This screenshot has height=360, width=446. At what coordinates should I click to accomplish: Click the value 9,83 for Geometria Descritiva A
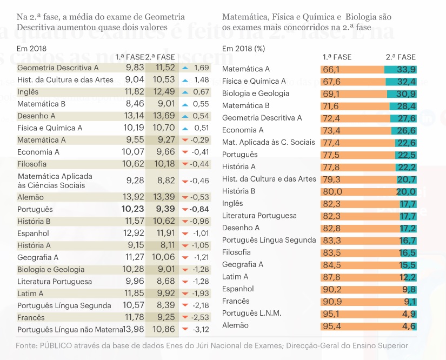(x=135, y=68)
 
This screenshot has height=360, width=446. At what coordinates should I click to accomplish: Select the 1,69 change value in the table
(x=201, y=68)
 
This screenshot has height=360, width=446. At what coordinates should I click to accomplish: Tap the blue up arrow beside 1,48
(x=185, y=80)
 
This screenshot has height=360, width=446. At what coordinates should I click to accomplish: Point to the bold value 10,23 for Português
(x=133, y=209)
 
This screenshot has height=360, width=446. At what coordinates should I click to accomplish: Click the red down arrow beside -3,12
(x=185, y=329)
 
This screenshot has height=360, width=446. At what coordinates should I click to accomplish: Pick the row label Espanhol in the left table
(x=33, y=234)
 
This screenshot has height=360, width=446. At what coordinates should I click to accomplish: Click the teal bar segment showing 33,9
(x=400, y=69)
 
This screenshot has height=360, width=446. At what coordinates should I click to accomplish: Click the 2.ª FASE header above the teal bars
(x=401, y=57)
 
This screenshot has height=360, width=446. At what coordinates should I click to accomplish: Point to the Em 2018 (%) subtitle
(x=243, y=48)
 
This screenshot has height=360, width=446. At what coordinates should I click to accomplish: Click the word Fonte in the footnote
(x=26, y=345)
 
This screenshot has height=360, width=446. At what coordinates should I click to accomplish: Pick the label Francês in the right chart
(x=236, y=301)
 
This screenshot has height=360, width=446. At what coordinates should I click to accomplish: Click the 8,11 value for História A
(x=165, y=245)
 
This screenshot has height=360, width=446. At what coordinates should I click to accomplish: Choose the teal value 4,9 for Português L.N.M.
(x=409, y=314)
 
